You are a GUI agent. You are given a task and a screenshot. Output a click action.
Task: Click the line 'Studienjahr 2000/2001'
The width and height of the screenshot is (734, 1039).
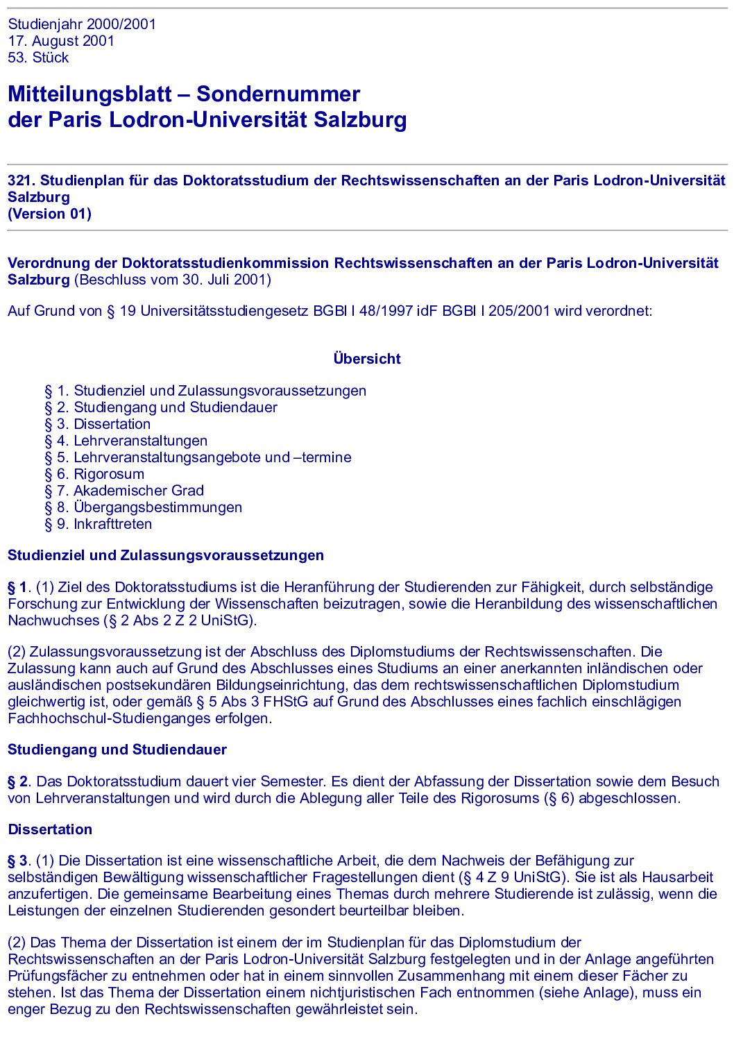82,24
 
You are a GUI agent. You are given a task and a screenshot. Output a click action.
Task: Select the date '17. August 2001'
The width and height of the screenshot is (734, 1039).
61,41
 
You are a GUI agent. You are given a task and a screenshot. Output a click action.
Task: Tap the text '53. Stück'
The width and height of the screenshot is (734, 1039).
38,58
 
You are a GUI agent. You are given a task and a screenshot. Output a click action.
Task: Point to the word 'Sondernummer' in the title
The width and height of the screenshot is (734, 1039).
278,94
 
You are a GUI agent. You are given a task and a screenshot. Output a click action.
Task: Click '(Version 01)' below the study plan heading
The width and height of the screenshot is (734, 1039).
49,214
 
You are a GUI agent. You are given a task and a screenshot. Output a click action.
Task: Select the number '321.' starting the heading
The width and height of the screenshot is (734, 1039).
22,180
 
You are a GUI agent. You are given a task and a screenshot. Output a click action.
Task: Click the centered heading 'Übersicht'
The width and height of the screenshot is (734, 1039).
367,359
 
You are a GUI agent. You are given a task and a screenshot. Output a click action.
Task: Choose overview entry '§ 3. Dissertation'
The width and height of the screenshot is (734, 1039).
97,424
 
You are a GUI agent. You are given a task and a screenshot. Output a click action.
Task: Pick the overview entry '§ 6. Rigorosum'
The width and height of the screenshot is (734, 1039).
94,474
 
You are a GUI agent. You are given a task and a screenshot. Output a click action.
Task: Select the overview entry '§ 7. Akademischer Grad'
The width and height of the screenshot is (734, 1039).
124,491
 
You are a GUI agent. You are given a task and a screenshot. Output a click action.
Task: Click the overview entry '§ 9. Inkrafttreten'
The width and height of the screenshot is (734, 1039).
98,524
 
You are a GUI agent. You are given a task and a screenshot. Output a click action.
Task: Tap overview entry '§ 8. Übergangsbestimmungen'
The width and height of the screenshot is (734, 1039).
144,507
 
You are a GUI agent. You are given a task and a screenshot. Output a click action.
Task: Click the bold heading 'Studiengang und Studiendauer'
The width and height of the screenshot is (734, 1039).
117,750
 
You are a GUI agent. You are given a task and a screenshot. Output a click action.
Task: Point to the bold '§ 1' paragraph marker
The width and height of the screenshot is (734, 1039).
19,587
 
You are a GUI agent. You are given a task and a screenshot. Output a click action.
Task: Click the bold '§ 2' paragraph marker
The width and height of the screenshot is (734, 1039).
19,782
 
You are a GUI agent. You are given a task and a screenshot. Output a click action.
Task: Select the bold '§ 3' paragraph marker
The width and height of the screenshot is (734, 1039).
19,861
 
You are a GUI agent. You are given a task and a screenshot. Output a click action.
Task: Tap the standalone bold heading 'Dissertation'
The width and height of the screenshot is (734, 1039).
50,829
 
